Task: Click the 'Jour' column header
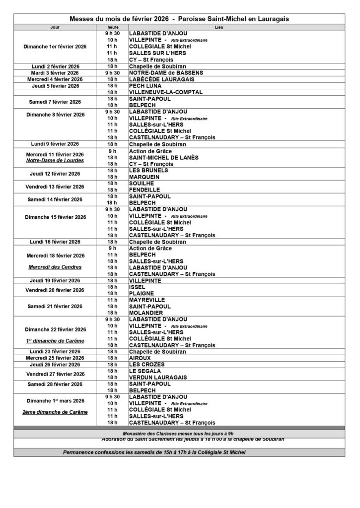tap(55, 27)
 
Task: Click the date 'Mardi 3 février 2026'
tap(55, 73)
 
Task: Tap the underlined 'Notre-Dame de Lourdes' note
tap(55, 161)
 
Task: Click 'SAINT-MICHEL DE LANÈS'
tap(163, 157)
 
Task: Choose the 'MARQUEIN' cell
tap(144, 177)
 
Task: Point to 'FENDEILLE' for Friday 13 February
tap(144, 190)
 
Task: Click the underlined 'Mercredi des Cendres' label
tap(55, 267)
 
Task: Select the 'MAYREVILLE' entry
tap(146, 300)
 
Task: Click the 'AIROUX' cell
tap(140, 358)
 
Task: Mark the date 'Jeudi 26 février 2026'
tap(55, 365)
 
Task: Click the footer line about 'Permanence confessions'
tap(154, 452)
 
